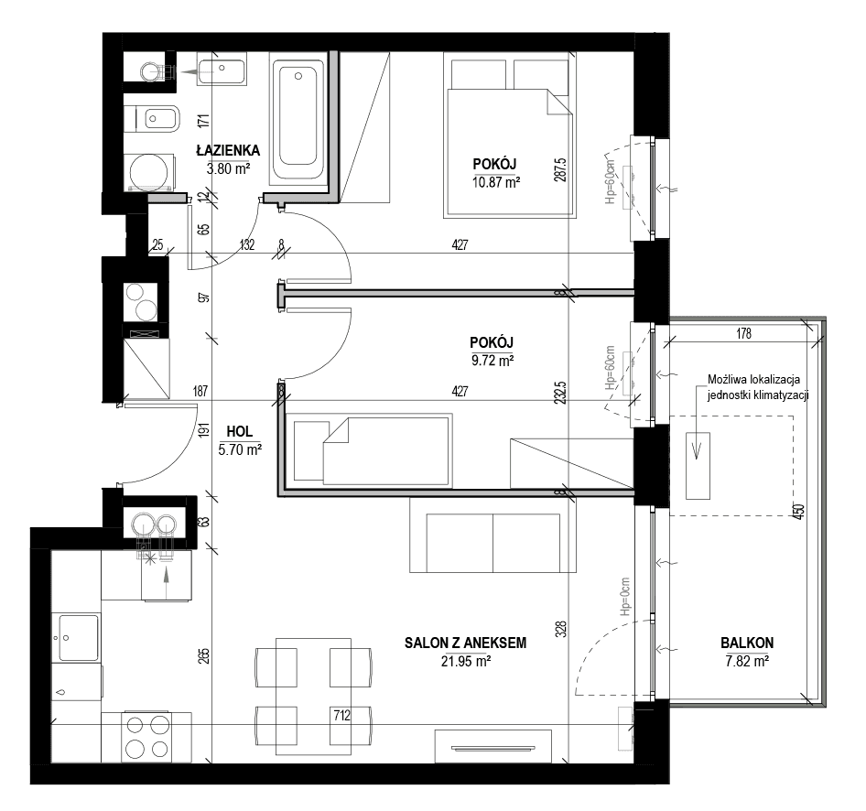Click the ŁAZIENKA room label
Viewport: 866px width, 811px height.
tap(228, 150)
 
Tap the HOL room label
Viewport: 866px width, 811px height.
tap(240, 432)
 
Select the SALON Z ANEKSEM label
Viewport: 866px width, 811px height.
tap(466, 643)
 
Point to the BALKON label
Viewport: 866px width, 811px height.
tap(747, 643)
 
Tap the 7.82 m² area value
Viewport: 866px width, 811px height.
tap(747, 661)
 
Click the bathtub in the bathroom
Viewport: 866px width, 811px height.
tap(298, 119)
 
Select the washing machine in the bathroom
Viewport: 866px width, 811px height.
tap(149, 172)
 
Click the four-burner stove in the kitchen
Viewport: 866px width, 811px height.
tap(146, 737)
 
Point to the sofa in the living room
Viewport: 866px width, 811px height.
tap(493, 535)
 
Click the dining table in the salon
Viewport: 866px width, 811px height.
tap(313, 697)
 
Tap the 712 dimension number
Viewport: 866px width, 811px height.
tap(341, 716)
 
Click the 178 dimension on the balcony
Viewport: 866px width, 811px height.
tap(744, 333)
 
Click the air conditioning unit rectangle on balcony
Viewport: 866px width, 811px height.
tap(698, 466)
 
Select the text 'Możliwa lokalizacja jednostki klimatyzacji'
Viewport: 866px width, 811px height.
tap(758, 387)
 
